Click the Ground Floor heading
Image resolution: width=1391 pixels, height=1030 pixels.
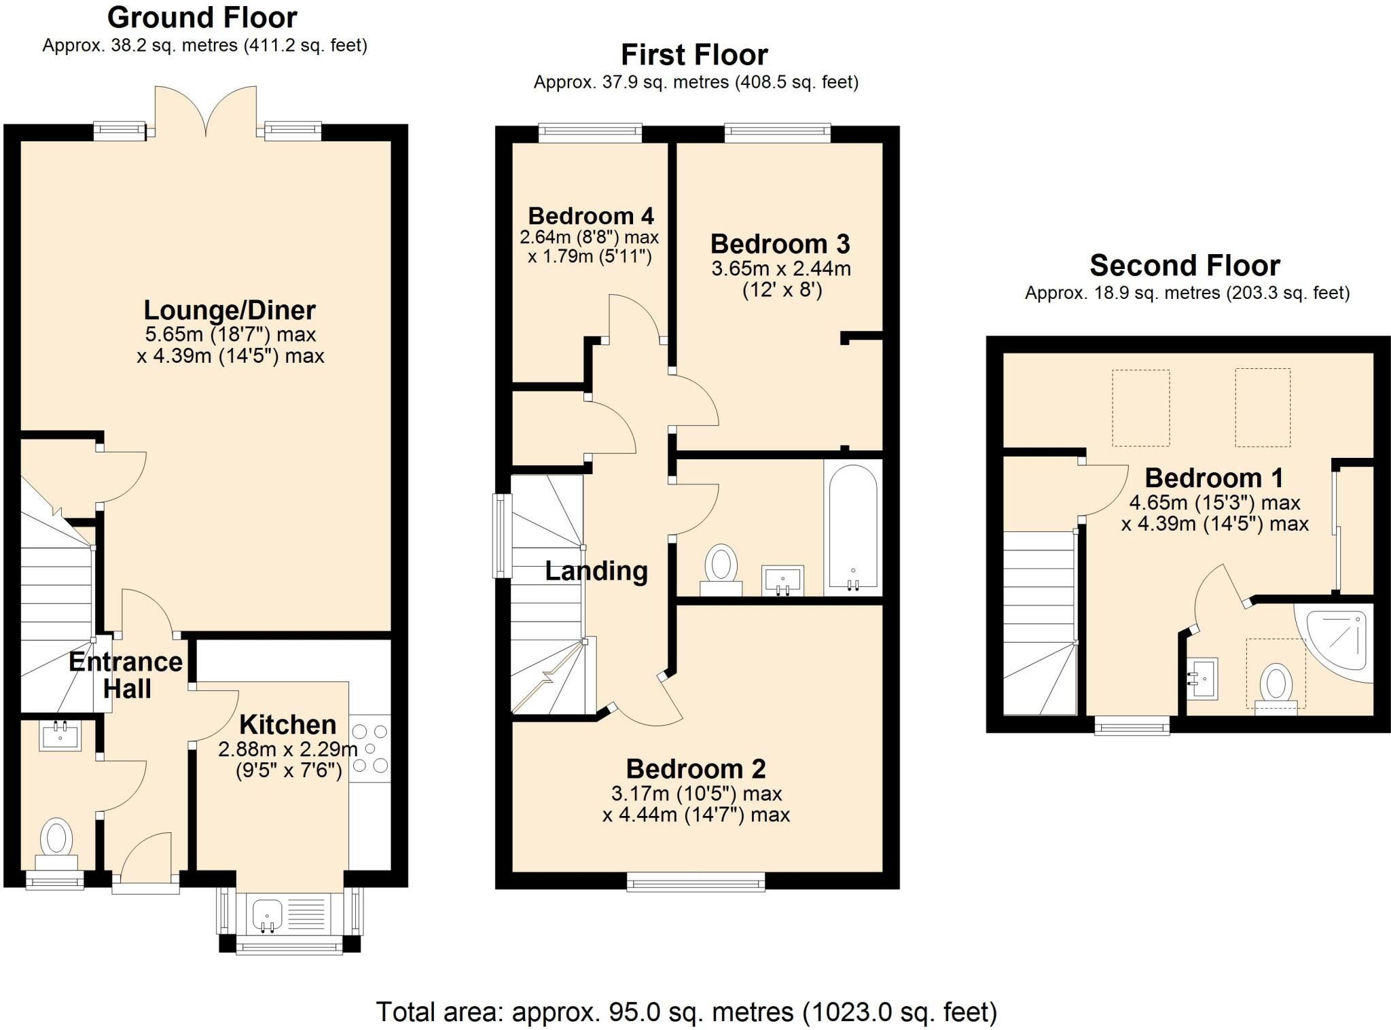point(202,18)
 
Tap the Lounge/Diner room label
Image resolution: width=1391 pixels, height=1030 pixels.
point(230,310)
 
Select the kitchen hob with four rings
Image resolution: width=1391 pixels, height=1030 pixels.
point(370,749)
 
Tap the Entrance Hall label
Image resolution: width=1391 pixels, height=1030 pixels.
point(126,675)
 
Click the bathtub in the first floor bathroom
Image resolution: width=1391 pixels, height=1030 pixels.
point(852,527)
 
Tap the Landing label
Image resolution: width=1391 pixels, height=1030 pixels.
point(596,571)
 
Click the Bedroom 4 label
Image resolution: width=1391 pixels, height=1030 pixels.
point(590,216)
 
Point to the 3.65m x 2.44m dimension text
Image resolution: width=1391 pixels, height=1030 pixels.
point(781,269)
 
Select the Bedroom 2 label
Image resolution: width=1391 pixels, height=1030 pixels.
point(695,769)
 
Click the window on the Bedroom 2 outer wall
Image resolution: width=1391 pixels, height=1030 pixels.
point(695,883)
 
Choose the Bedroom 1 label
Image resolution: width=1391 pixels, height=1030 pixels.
point(1214,478)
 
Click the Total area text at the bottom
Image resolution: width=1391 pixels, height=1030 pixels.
point(686,1012)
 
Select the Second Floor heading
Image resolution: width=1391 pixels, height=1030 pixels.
point(1185,266)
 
